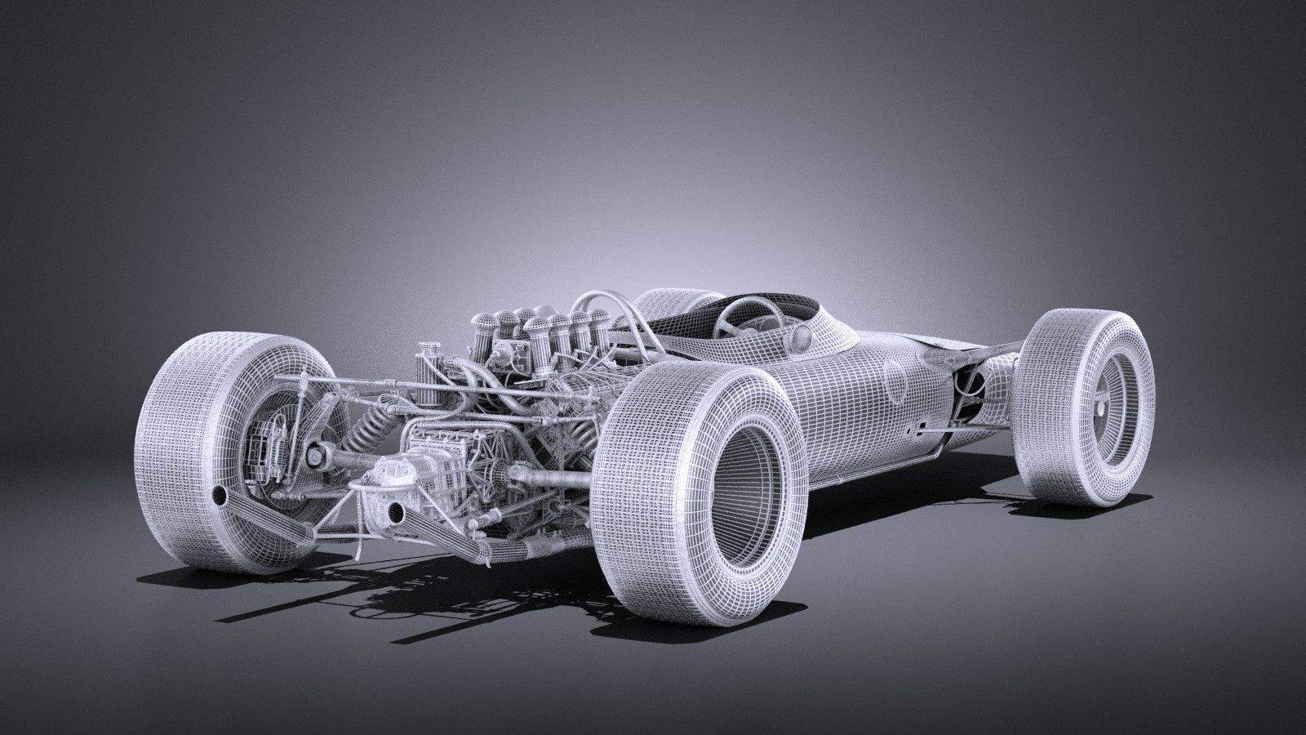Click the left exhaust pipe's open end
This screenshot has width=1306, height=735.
(220, 495)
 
